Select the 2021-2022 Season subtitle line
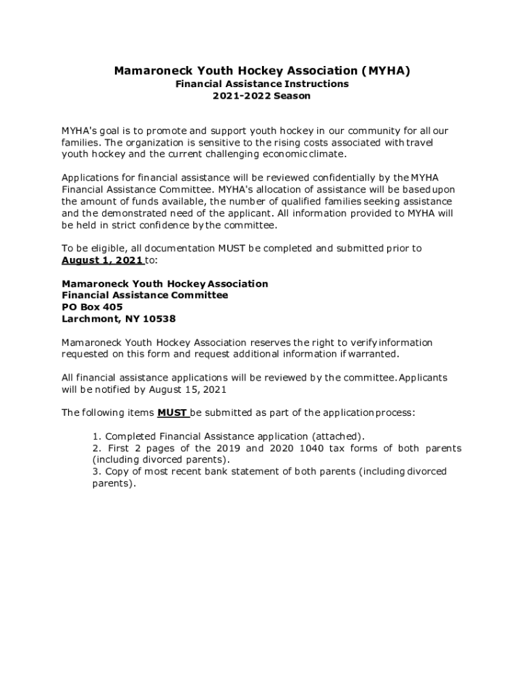(262, 96)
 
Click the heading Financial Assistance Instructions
(262, 84)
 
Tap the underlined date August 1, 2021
(102, 260)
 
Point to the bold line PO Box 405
(93, 307)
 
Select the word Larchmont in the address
(91, 319)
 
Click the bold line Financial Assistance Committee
(145, 295)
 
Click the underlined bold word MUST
(172, 412)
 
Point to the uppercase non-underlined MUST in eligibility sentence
(231, 248)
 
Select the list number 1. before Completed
(97, 436)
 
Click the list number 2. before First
(97, 448)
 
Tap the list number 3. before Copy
(97, 471)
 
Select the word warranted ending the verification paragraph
(372, 354)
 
